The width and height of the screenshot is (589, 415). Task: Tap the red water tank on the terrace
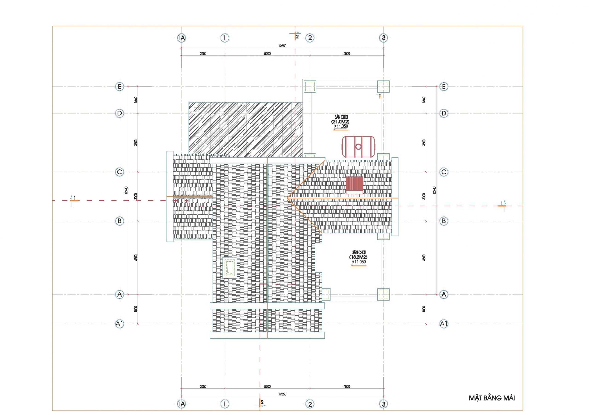tap(358, 147)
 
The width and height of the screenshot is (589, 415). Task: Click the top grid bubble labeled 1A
tap(181, 38)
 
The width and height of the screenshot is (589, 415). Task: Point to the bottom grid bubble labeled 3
tap(384, 404)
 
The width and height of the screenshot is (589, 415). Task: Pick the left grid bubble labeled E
tap(119, 87)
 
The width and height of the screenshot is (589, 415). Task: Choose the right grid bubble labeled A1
tap(444, 324)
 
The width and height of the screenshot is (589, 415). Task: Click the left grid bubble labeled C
tap(119, 172)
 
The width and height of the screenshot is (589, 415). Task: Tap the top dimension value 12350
tap(282, 46)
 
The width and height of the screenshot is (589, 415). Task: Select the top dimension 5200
tap(267, 54)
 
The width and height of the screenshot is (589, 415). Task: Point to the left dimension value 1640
tap(136, 100)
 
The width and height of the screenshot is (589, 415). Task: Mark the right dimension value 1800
tap(424, 309)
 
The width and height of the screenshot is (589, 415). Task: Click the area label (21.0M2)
tap(340, 122)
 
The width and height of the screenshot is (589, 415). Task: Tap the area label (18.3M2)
tap(358, 257)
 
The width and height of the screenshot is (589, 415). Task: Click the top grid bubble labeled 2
tap(310, 38)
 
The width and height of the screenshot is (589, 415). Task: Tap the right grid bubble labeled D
tap(444, 113)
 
